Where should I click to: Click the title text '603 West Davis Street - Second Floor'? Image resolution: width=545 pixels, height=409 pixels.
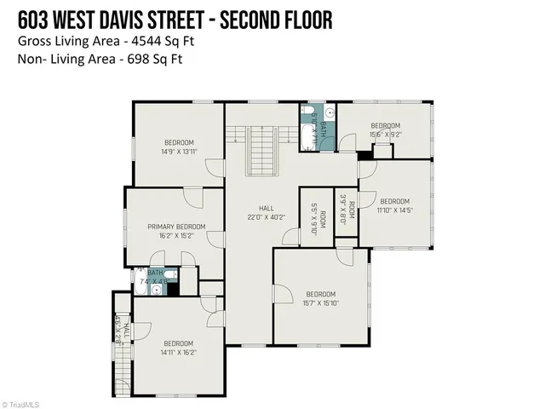point(174,18)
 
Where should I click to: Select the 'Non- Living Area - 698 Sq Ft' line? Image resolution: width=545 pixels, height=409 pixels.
point(100,59)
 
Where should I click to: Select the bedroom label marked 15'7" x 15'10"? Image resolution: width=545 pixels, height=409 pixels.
point(321,297)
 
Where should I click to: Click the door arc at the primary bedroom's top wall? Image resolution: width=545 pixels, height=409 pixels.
point(194,198)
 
